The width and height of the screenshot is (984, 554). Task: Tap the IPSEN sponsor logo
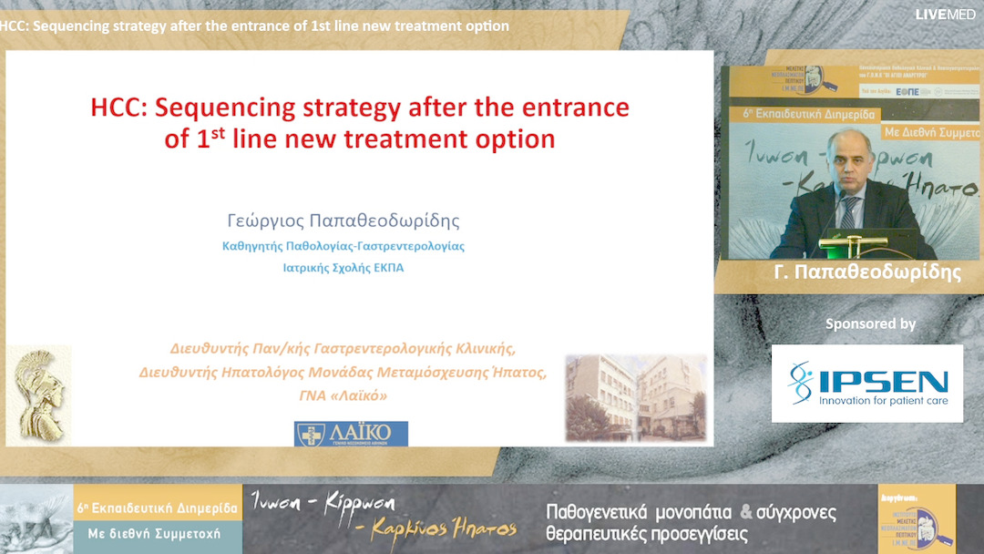pyautogui.click(x=866, y=383)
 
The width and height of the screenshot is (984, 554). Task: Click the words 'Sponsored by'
pyautogui.click(x=870, y=323)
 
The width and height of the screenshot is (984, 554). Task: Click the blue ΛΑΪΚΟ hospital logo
pyautogui.click(x=351, y=434)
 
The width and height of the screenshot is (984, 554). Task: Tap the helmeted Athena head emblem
pyautogui.click(x=39, y=395)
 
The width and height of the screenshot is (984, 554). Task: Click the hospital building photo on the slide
pyautogui.click(x=635, y=397)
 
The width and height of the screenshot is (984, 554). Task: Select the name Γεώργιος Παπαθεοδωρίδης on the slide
pyautogui.click(x=343, y=221)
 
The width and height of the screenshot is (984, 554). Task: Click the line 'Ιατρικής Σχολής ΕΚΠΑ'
pyautogui.click(x=343, y=268)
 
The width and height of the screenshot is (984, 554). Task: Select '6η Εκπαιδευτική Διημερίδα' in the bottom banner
pyautogui.click(x=158, y=508)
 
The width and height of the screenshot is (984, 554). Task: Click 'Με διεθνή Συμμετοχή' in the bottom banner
pyautogui.click(x=159, y=534)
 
